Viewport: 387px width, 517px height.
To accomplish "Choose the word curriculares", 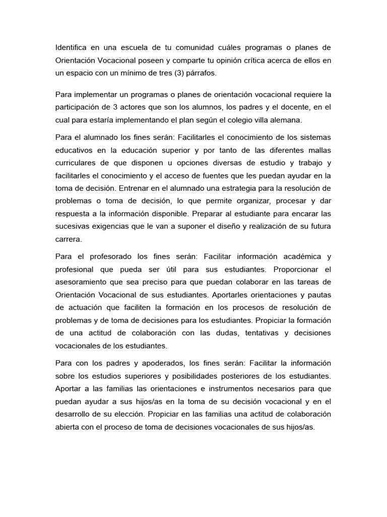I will pos(77,163).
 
